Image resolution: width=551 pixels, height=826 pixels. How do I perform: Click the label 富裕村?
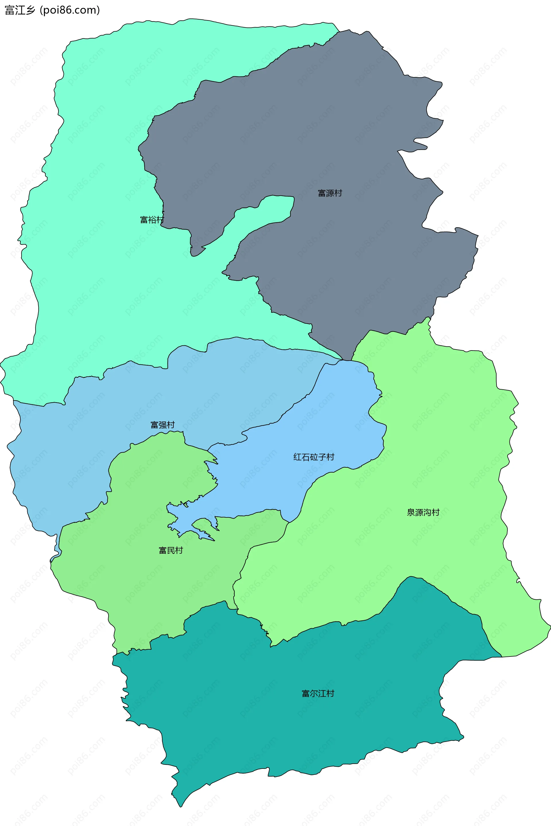pos(152,220)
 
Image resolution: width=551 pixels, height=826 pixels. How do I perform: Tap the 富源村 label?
pos(330,193)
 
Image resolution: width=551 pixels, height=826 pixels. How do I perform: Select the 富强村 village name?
pos(162,425)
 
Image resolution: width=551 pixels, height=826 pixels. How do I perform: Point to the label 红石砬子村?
pos(313,457)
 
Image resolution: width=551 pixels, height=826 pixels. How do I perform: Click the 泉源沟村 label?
pos(423,513)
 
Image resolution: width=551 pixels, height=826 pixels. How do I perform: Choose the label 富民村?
pos(171,550)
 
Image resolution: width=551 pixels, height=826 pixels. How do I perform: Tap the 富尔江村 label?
pos(318,693)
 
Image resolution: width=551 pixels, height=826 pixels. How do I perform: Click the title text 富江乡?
pos(20,10)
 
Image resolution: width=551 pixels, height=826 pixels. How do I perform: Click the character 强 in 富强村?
pos(162,425)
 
